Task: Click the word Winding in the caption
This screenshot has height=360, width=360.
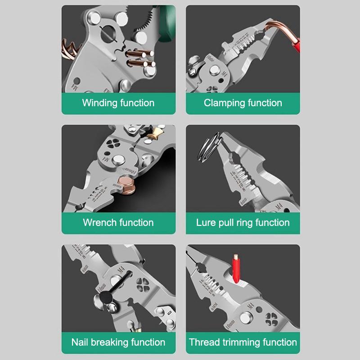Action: [x=99, y=103]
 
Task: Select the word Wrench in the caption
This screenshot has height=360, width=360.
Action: [x=99, y=222]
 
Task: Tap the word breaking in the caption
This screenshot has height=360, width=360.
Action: [x=109, y=342]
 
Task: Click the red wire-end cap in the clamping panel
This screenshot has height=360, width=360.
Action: [x=295, y=43]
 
